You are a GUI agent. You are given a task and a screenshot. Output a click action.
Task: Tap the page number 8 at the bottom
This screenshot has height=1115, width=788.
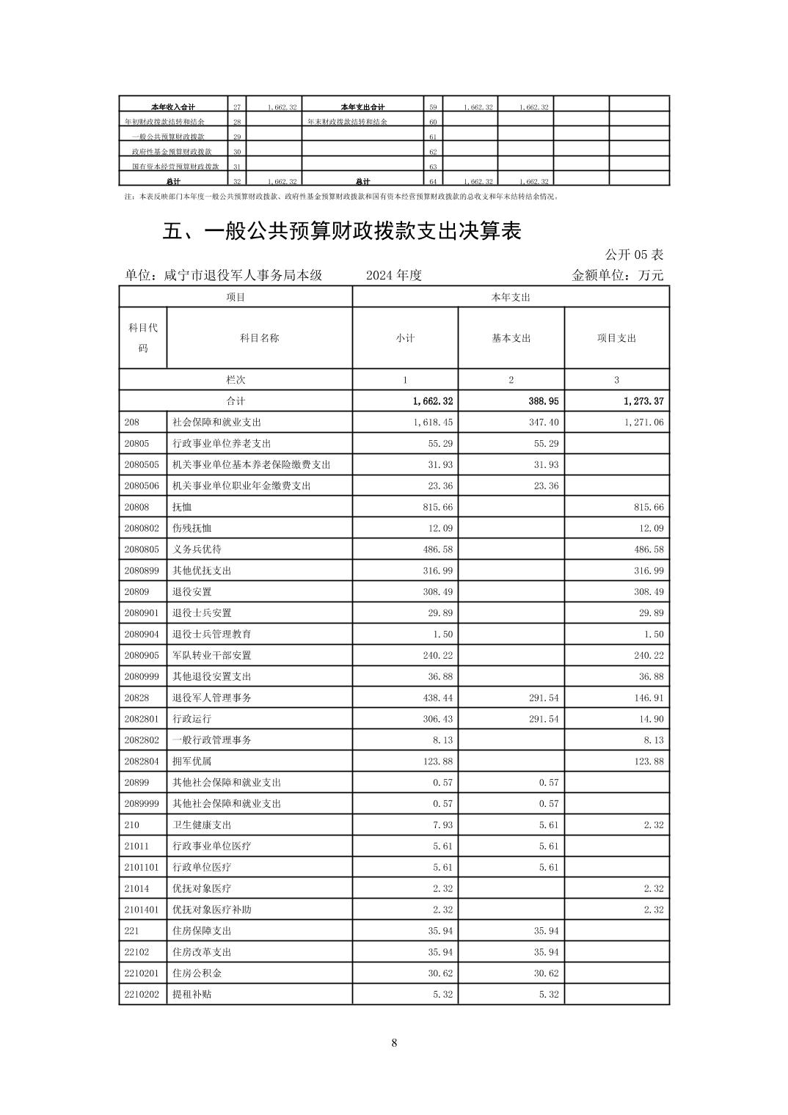pos(394,1042)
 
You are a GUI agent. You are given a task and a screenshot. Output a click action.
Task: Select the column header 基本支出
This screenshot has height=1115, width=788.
pos(511,338)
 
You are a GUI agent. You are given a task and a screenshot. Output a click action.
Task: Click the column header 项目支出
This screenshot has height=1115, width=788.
pos(616,338)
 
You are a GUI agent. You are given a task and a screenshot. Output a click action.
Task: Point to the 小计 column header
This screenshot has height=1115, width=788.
pos(405,338)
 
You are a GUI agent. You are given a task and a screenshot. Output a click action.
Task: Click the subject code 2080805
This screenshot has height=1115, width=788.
pos(142,549)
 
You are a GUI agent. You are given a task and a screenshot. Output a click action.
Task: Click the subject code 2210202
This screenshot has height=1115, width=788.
pos(142,995)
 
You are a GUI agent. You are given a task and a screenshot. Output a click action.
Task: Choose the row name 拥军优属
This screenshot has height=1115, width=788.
pos(191,761)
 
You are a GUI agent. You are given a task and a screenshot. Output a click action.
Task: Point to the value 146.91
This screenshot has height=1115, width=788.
pos(649,698)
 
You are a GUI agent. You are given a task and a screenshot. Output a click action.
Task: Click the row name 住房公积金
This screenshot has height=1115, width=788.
pos(197,973)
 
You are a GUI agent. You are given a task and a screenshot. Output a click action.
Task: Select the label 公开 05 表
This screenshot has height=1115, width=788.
pos(634,255)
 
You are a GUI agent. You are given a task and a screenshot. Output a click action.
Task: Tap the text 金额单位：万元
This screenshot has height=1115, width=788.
pos(617,276)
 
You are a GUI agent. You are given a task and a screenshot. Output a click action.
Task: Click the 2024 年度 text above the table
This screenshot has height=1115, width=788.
pos(394,276)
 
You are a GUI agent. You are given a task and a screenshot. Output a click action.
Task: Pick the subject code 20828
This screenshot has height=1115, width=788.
pos(136,698)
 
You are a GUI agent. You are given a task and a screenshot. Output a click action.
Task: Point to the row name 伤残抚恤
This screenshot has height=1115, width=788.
pos(191,528)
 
